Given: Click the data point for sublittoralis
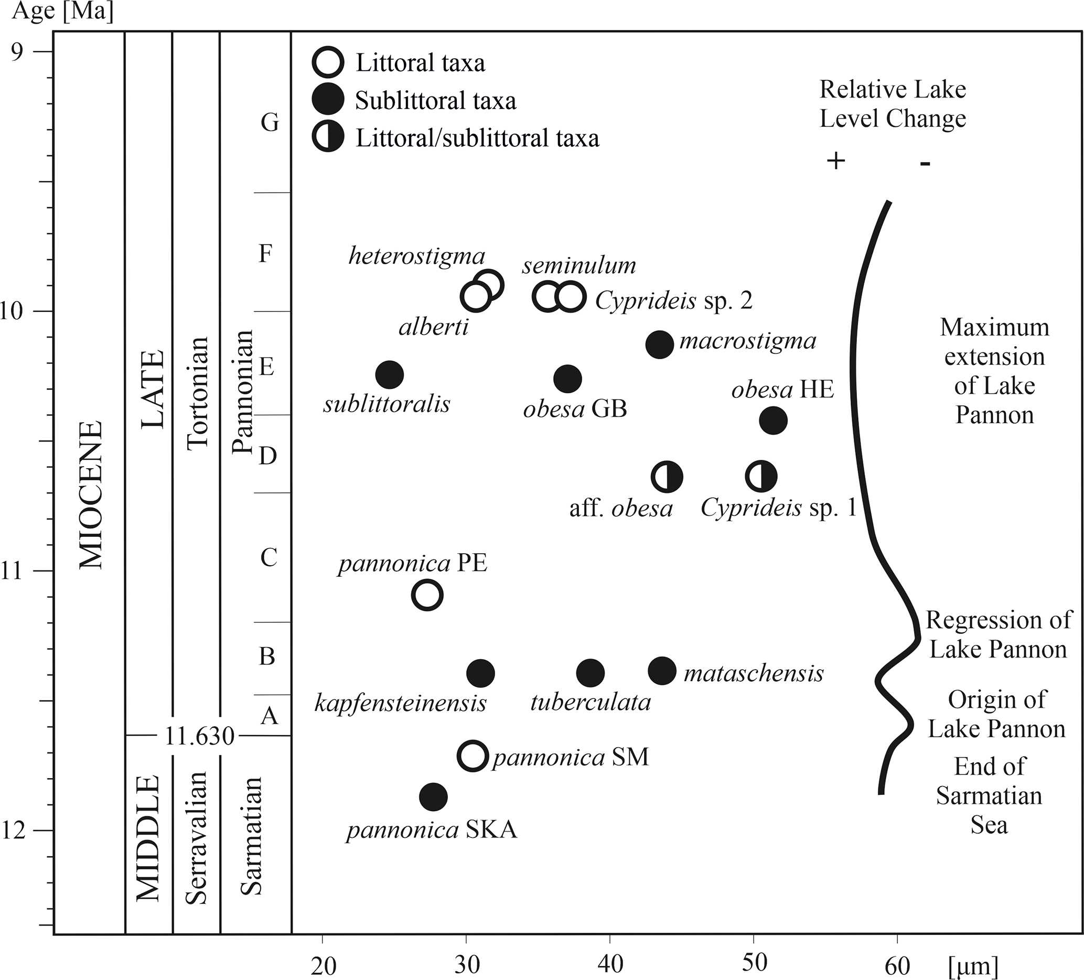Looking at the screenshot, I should coord(389,375).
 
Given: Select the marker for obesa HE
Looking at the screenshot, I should coord(773,421).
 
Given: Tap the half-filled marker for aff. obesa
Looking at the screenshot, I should coord(667,477).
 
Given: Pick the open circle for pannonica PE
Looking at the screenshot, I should coord(427,595).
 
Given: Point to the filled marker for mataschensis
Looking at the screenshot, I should coord(662,670).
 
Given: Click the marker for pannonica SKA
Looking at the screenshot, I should coord(433,796).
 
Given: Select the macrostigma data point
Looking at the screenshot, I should coord(659,344).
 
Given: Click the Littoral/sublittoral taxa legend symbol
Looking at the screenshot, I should coord(327,137).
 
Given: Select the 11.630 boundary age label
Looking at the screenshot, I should coord(199,737).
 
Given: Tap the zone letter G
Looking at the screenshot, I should coord(270,123).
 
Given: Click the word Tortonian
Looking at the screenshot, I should coord(197,393).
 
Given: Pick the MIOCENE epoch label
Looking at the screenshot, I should coord(90,494).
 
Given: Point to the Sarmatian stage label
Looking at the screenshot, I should coord(251,836).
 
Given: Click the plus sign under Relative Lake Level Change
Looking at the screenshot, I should coord(835,161).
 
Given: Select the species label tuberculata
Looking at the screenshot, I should coord(591,703).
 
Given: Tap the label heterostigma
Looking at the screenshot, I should coord(417,256).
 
